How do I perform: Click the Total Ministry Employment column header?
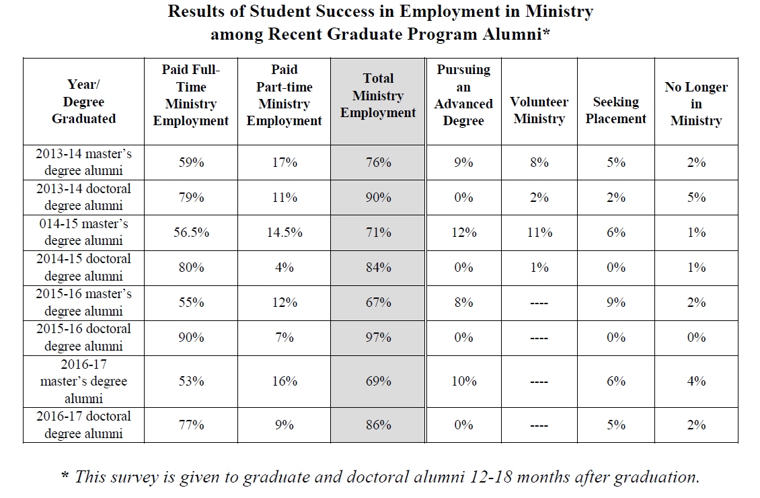378,96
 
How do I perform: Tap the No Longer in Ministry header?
696,104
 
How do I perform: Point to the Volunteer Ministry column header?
539,110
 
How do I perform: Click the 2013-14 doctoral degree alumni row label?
83,197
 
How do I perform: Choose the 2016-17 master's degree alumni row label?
83,382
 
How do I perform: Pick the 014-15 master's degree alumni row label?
83,232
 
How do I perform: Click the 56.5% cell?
191,232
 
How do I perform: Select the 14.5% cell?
284,232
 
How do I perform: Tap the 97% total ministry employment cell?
378,337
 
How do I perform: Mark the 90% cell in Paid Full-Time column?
191,337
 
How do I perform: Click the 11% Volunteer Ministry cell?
539,232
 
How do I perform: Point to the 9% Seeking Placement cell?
616,302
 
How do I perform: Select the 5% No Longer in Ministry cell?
696,197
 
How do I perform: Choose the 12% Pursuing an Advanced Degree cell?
463,232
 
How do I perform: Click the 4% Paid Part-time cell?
284,267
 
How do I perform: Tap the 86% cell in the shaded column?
378,425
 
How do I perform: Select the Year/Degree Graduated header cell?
83,102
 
